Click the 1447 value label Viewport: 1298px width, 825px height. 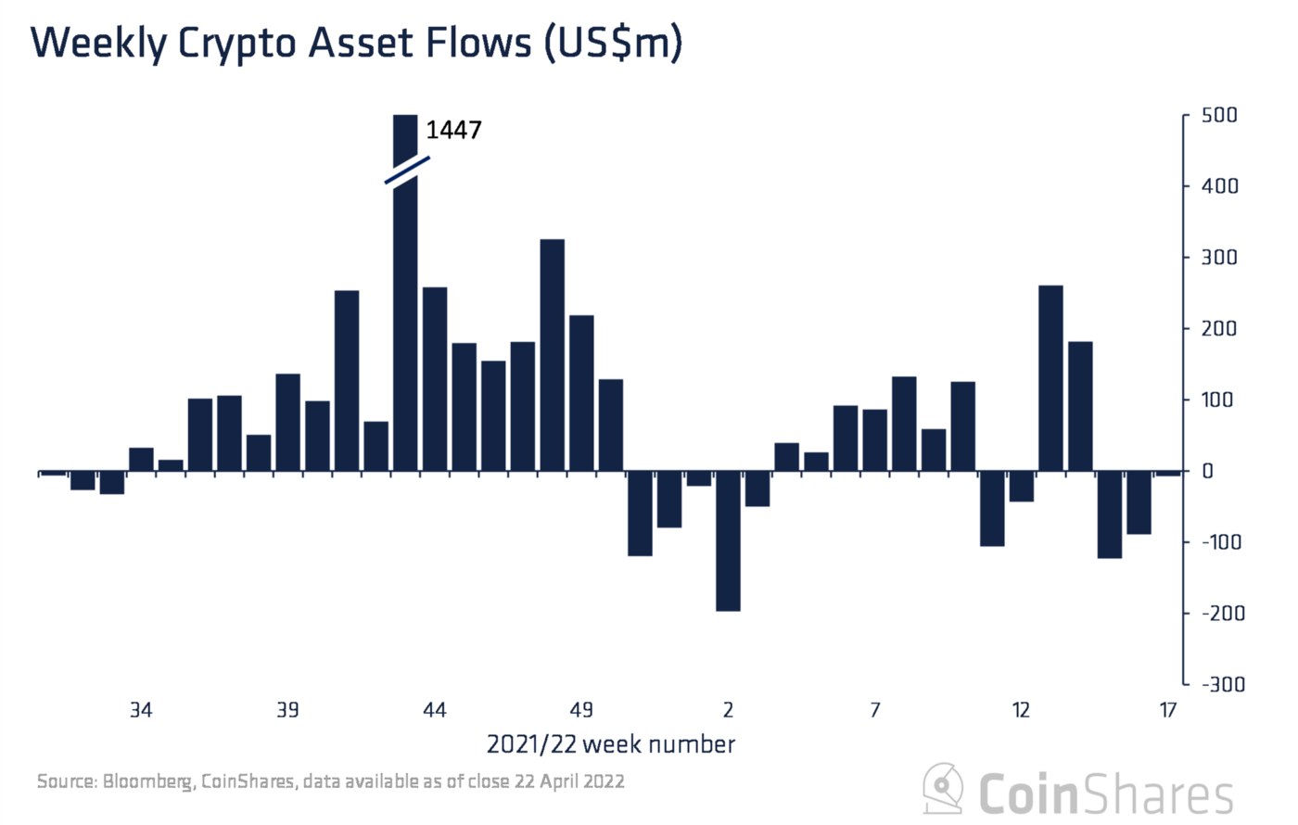coord(453,130)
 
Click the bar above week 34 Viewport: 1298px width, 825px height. coord(141,460)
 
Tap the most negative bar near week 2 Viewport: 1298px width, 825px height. coord(728,541)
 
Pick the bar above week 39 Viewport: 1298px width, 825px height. coord(287,423)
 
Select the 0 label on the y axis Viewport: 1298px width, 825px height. coord(1207,471)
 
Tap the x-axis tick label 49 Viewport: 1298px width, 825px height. coord(581,710)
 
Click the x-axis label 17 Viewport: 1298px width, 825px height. coord(1167,710)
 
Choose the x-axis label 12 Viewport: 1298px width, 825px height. coord(1021,710)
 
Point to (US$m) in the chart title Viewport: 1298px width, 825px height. coord(612,44)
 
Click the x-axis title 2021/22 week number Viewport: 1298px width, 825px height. coord(611,744)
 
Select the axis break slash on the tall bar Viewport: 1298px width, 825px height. coord(408,170)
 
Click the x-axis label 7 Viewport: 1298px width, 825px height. coord(874,710)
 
